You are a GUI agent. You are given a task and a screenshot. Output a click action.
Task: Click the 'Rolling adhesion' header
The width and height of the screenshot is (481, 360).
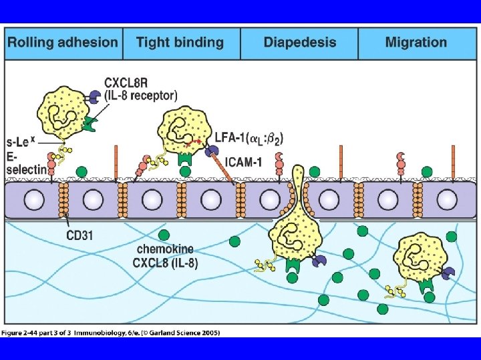62,43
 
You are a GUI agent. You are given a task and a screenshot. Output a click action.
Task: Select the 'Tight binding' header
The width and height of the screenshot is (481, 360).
180,43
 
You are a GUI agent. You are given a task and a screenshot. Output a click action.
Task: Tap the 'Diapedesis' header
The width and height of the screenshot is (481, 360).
299,43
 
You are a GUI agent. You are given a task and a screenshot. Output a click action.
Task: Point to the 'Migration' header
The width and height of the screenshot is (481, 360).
416,43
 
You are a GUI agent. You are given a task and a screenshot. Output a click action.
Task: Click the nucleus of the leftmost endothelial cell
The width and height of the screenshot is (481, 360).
35,199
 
